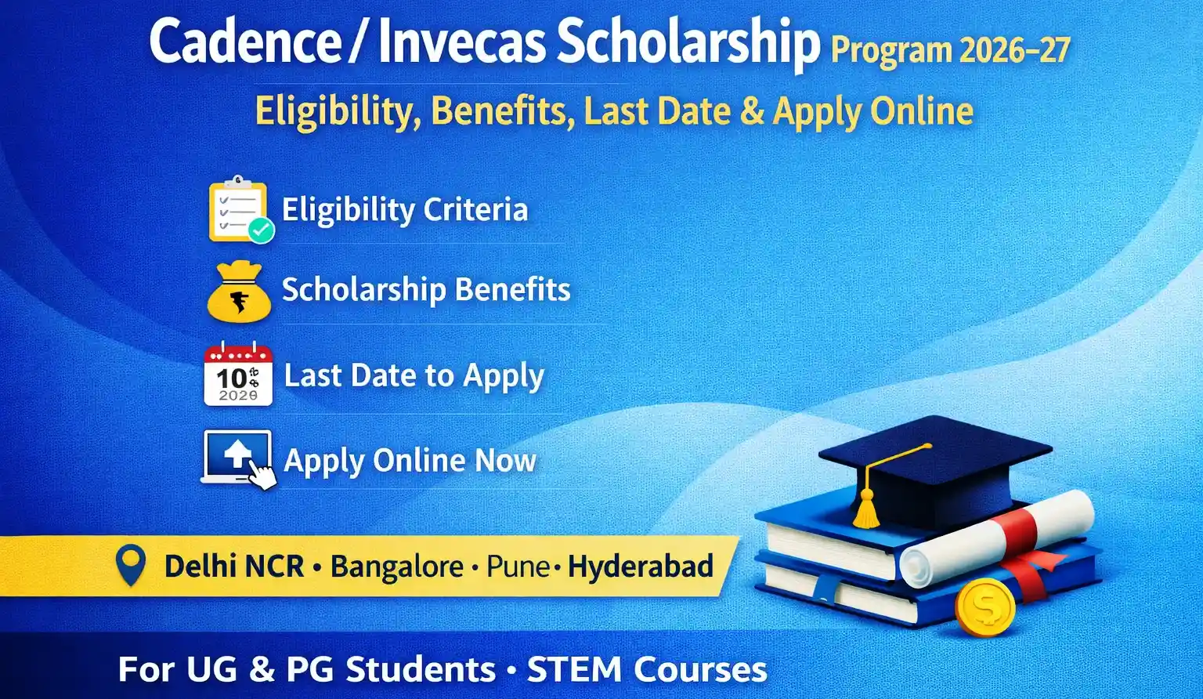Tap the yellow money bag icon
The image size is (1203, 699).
[x=239, y=292]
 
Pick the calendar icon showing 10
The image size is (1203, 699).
[x=238, y=375]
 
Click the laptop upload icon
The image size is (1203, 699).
[x=237, y=458]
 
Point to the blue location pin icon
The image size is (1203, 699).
[x=131, y=566]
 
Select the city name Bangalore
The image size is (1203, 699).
[x=396, y=567]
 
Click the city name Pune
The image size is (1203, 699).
[x=518, y=567]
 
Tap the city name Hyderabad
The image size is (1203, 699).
[x=641, y=567]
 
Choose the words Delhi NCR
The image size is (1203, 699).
[x=233, y=567]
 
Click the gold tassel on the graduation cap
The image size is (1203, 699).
[x=865, y=509]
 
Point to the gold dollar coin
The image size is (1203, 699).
[x=984, y=607]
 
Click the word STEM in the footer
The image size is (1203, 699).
[x=574, y=670]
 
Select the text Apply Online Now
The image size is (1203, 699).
[x=410, y=460]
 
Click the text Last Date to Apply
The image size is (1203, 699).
[x=414, y=376]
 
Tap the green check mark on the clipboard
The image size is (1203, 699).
[x=261, y=230]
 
